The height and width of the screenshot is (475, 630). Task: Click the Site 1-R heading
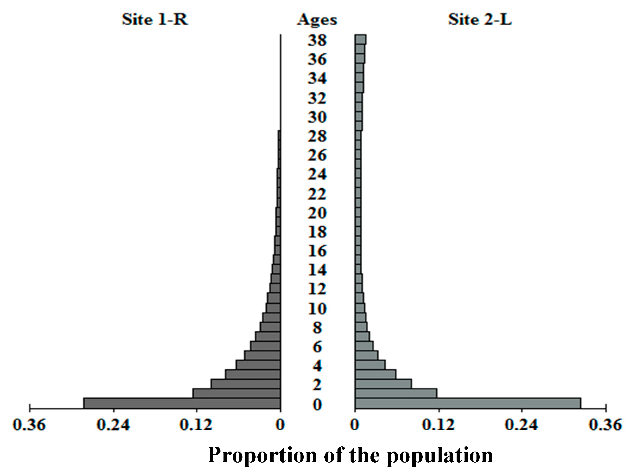point(155,20)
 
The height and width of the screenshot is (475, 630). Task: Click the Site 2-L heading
point(480,20)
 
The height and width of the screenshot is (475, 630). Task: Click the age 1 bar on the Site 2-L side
point(396,393)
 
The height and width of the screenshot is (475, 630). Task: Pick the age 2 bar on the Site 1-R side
point(245,384)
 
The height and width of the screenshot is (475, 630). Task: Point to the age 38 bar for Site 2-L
point(360,40)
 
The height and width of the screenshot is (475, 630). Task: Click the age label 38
point(317,40)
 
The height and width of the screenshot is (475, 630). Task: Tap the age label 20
point(317,213)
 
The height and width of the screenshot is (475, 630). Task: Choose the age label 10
point(317,309)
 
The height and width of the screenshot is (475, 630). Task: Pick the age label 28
point(317,136)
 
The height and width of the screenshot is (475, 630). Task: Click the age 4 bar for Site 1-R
point(258,365)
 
